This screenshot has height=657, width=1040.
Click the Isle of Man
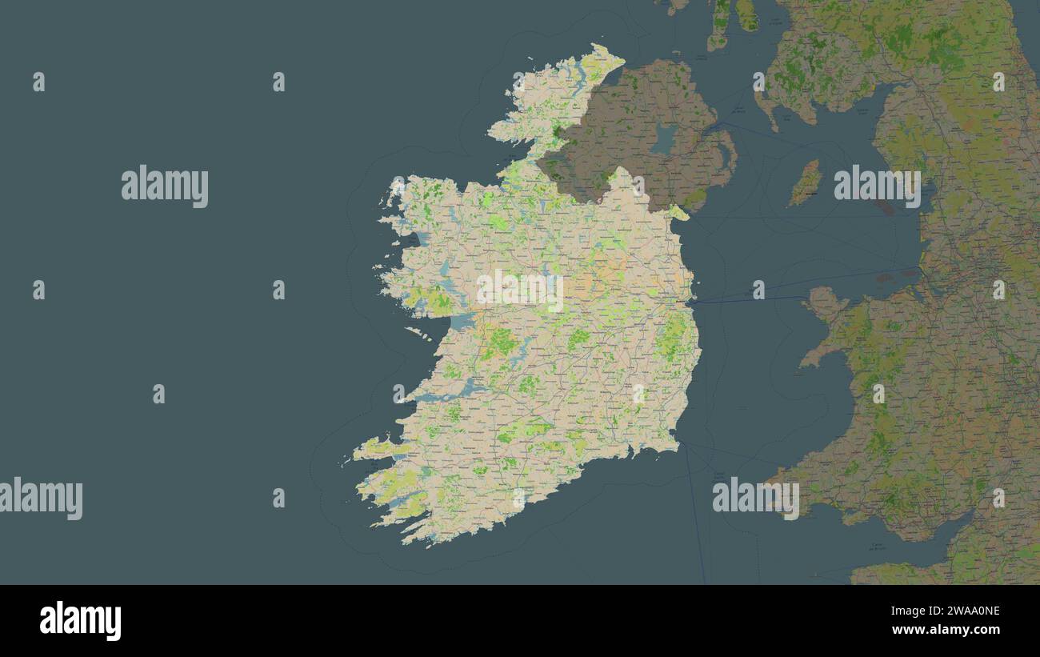point(806,183)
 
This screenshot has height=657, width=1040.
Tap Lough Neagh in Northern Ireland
point(662,138)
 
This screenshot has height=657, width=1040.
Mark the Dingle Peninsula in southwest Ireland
point(382,448)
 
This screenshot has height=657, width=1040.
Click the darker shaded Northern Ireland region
point(632,128)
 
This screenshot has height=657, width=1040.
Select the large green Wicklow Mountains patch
point(670,340)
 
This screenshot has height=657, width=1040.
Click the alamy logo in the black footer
point(80,621)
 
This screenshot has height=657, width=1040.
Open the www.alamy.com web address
point(946,630)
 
